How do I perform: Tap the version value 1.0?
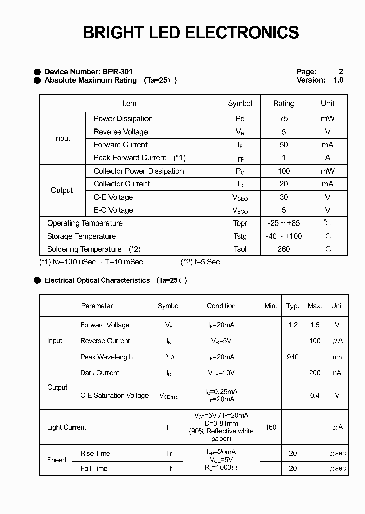click(338, 80)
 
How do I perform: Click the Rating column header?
click(283, 103)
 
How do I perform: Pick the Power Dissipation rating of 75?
click(283, 119)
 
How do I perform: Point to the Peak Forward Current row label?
click(130, 158)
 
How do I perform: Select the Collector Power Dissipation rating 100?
click(283, 171)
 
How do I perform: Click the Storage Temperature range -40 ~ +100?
click(283, 236)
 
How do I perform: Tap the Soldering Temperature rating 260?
click(283, 249)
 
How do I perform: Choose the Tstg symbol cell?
click(240, 236)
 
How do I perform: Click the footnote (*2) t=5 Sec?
click(200, 262)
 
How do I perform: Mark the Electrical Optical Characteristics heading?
click(97, 280)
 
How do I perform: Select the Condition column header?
click(221, 306)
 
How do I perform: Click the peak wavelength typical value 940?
click(293, 357)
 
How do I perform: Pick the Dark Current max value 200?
click(315, 373)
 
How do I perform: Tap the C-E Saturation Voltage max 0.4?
click(315, 395)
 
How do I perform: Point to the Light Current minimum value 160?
click(271, 427)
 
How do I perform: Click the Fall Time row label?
click(94, 468)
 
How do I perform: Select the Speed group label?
click(56, 460)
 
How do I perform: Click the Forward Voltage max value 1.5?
click(315, 325)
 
